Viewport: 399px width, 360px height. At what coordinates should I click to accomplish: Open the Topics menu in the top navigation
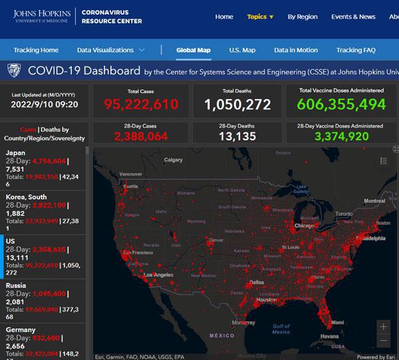click(260, 17)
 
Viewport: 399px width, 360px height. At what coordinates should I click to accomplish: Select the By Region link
click(303, 17)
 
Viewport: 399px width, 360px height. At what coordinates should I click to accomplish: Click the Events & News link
click(353, 17)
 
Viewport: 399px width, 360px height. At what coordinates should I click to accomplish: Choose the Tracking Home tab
click(36, 50)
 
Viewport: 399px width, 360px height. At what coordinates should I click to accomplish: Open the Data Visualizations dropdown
click(111, 50)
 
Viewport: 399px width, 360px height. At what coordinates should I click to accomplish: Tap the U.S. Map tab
click(242, 50)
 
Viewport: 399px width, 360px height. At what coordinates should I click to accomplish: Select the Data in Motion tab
click(295, 50)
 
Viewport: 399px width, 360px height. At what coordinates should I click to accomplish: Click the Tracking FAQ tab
click(360, 50)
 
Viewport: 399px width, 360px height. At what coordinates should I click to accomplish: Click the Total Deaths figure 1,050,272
click(237, 104)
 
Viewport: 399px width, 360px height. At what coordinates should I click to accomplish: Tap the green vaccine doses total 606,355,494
click(341, 104)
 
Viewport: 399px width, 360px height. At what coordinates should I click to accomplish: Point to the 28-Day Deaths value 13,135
click(237, 136)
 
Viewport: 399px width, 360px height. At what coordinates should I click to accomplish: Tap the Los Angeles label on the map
click(158, 275)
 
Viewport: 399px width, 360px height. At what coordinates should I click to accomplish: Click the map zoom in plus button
click(383, 327)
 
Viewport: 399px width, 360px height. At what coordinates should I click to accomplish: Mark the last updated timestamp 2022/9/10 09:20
click(44, 104)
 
